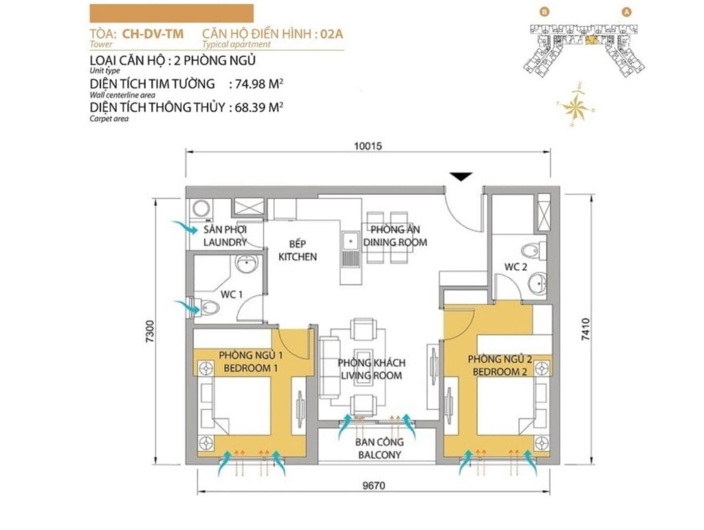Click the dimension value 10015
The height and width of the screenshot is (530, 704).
pos(368,146)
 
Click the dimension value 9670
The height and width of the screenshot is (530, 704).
pos(373,485)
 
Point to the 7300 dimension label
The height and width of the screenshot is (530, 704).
pos(150,331)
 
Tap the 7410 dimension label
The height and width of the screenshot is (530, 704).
pos(586,329)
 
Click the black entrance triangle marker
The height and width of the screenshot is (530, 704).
pos(461,177)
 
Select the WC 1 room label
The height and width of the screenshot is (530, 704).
pos(231,294)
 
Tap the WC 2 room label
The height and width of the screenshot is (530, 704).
pos(516,267)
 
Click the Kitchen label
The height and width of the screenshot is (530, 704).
pos(298,256)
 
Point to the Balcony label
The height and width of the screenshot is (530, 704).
pos(379,454)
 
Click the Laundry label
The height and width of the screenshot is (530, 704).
pos(225,243)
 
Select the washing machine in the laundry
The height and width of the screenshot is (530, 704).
pos(201,210)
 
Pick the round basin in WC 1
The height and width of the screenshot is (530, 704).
pos(247,264)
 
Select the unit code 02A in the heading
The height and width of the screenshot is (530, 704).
pos(332,34)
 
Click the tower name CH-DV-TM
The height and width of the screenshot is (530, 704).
pos(153,34)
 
